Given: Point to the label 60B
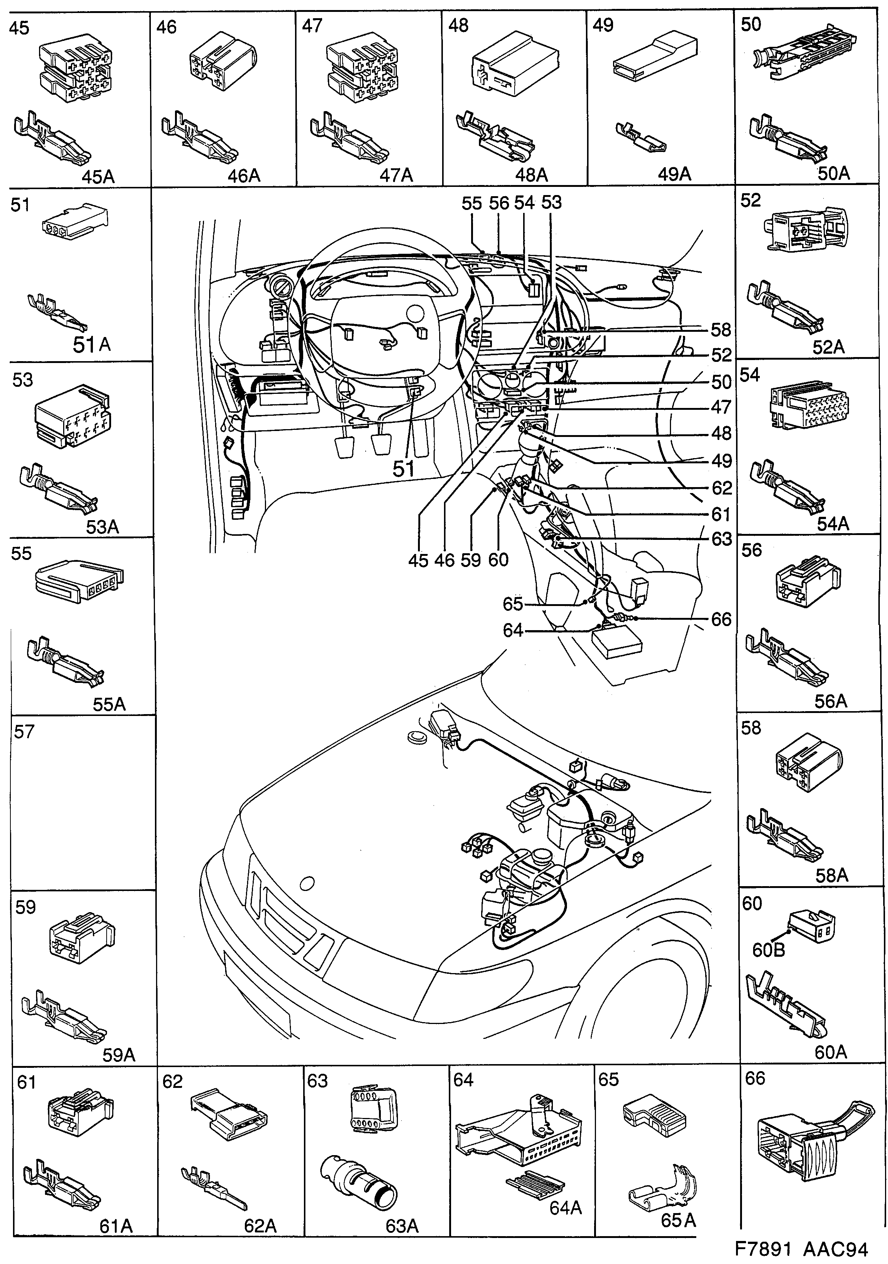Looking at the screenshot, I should (x=768, y=950).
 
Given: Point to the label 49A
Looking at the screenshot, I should (x=674, y=175).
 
